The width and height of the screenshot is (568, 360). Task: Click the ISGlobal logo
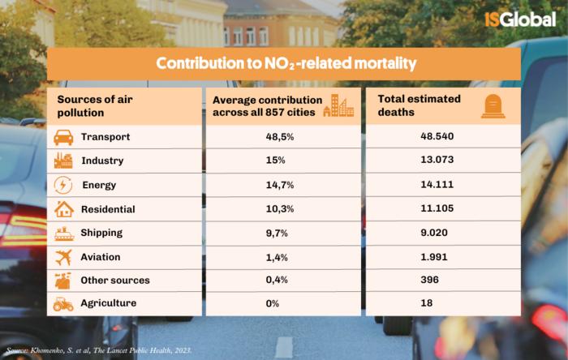(x=520, y=19)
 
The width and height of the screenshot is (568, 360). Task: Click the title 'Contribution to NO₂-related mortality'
(x=286, y=62)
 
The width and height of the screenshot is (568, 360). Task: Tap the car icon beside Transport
(x=63, y=137)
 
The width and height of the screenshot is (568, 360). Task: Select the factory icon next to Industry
(x=63, y=161)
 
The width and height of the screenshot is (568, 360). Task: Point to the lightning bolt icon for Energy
(x=63, y=185)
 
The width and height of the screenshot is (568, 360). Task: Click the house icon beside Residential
(x=63, y=209)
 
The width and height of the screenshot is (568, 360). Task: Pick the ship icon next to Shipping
(x=63, y=233)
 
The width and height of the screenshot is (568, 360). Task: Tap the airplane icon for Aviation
(x=63, y=257)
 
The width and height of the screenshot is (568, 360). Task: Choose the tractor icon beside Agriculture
(x=63, y=304)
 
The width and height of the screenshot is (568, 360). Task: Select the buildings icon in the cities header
(x=338, y=106)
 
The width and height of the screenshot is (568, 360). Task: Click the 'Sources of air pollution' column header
(x=94, y=105)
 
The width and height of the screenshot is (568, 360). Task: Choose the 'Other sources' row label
(x=114, y=281)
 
